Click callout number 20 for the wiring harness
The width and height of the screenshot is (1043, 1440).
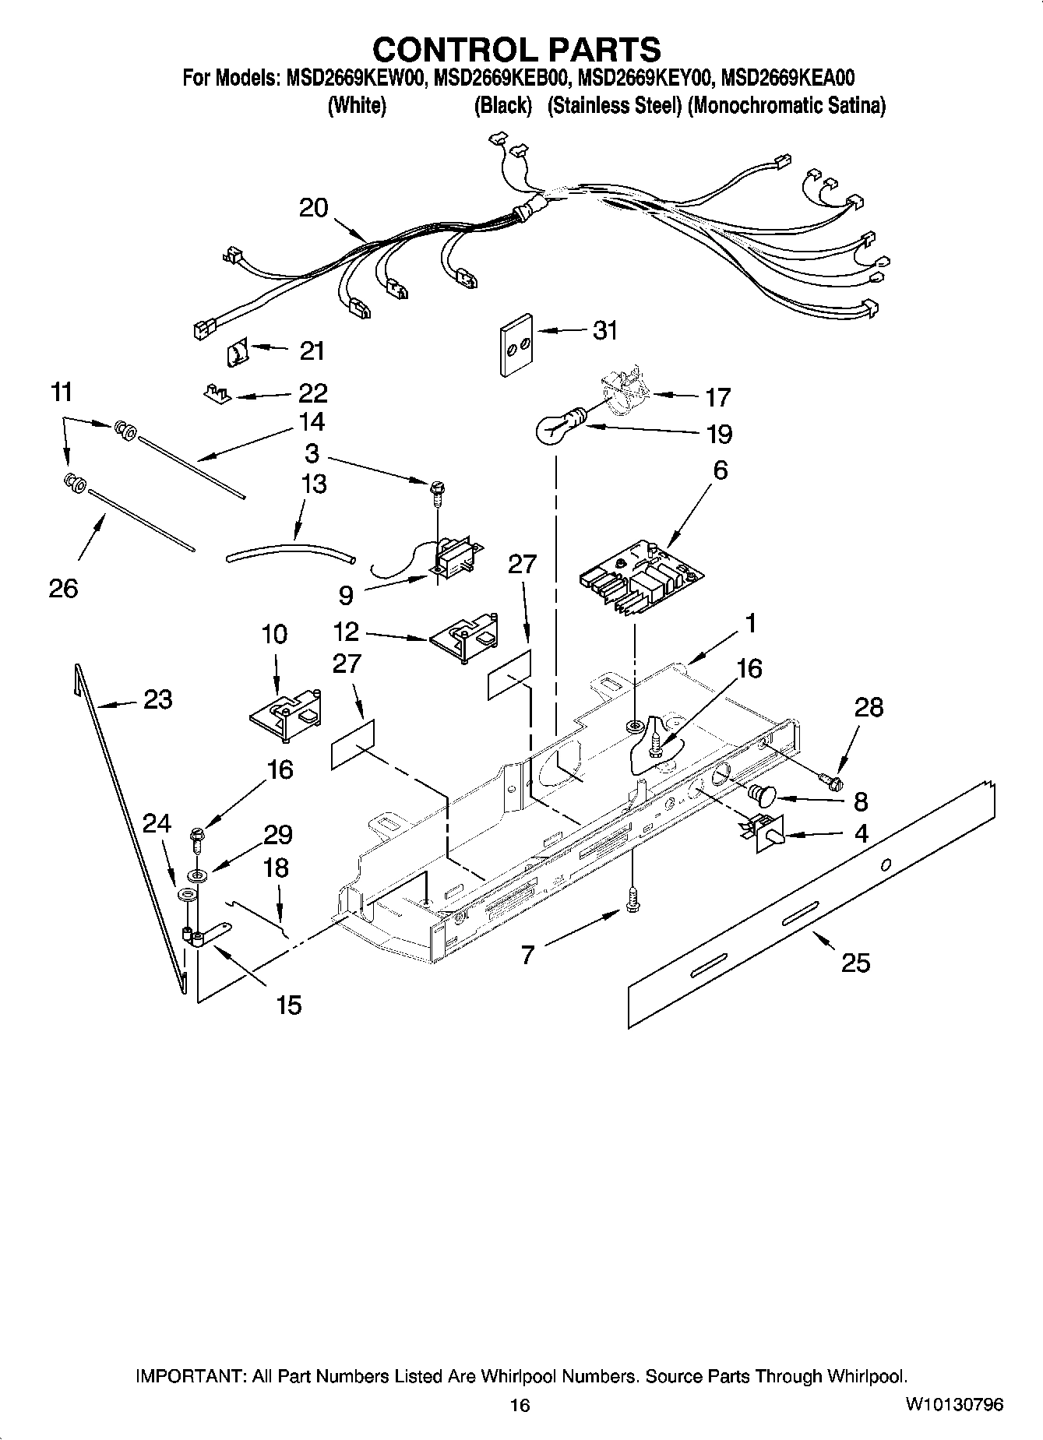(x=313, y=208)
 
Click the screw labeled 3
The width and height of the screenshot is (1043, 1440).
(x=436, y=491)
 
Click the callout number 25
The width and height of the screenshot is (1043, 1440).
(x=855, y=963)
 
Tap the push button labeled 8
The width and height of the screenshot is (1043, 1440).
(x=761, y=794)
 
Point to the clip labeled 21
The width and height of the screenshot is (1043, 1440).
(x=236, y=354)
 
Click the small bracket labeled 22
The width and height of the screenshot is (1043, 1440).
(x=217, y=394)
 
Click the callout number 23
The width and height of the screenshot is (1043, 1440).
(x=157, y=699)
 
